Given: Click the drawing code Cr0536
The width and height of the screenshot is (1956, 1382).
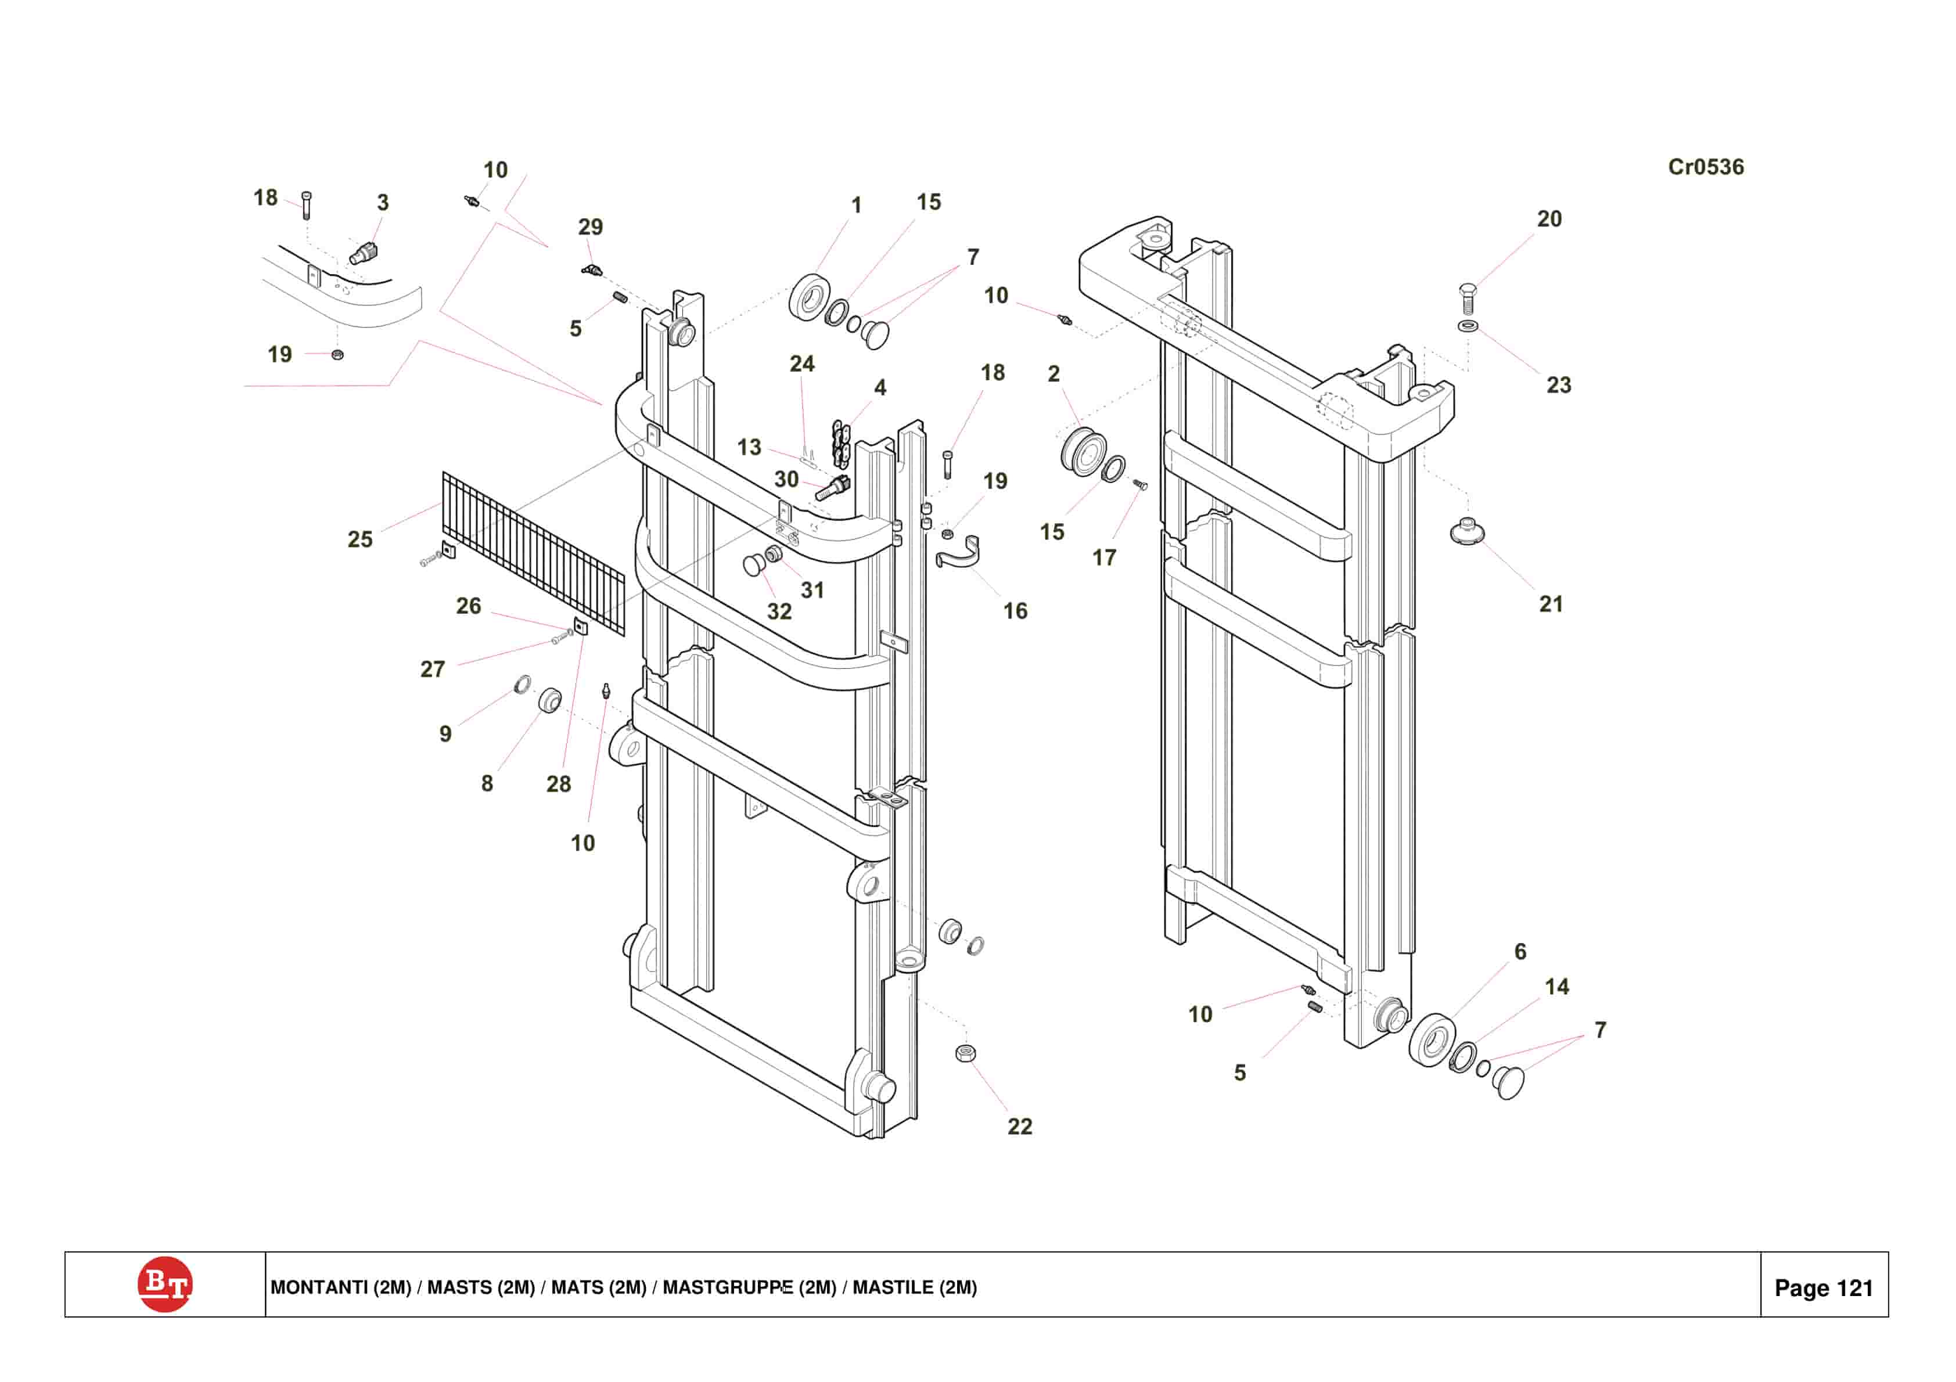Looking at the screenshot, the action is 1706,167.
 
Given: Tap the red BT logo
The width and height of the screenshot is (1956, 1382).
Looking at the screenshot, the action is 164,1285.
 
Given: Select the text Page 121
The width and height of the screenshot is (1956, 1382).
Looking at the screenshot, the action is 1824,1289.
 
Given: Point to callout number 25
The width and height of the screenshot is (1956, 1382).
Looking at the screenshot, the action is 360,539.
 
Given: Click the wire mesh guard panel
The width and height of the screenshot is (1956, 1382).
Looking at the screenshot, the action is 533,554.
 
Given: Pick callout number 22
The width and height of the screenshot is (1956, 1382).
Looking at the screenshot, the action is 1020,1127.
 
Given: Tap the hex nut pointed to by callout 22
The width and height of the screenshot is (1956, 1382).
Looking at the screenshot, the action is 965,1053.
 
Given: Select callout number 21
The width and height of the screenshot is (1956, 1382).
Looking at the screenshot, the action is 1551,604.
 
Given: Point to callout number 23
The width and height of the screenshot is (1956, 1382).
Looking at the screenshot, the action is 1558,385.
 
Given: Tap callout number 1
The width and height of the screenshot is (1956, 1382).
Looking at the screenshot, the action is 856,206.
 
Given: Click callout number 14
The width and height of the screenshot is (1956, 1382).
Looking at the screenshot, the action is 1556,987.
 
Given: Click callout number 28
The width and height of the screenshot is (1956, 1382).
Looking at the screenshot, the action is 558,784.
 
